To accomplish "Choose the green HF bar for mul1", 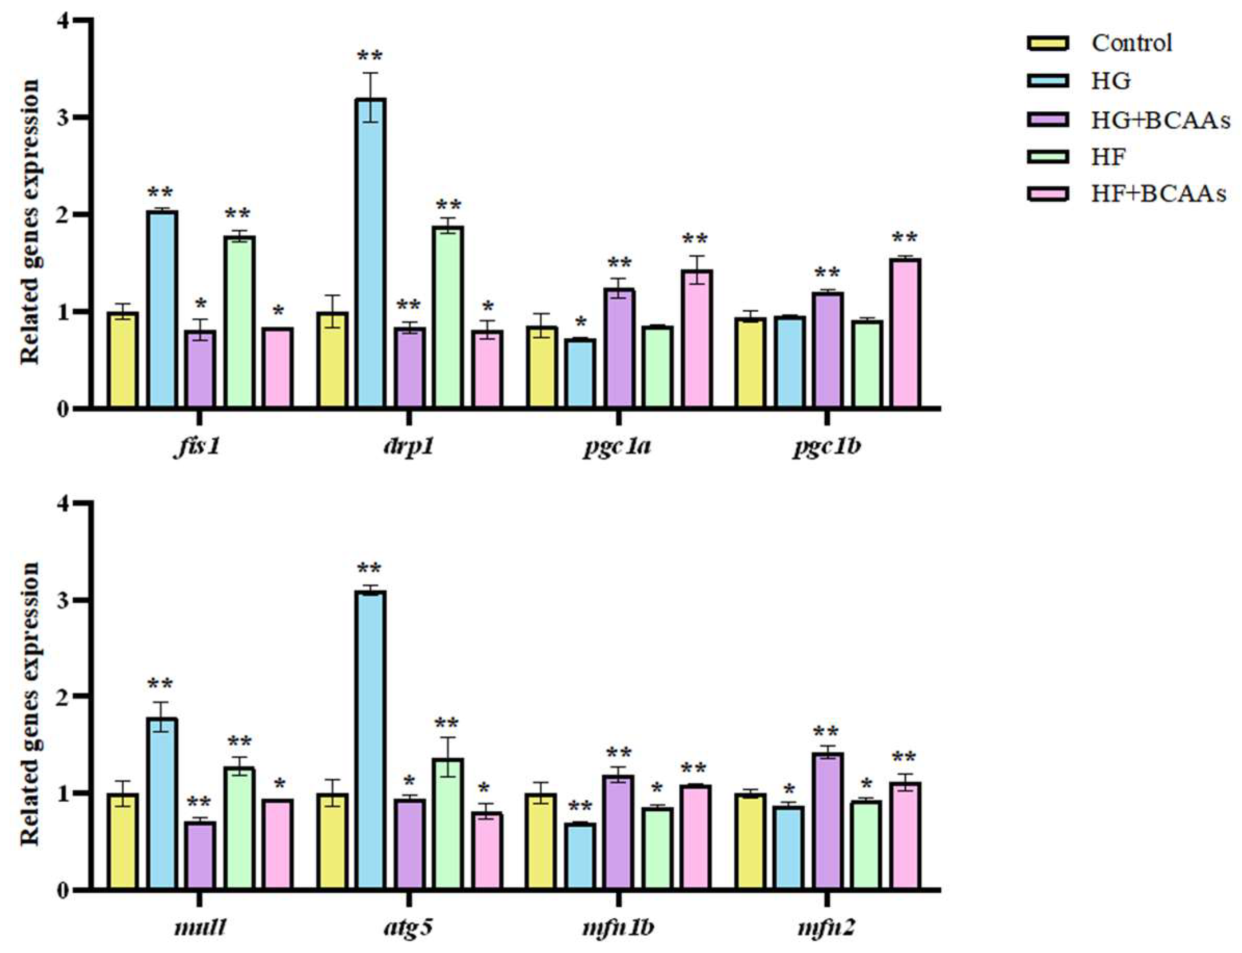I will click(x=239, y=828).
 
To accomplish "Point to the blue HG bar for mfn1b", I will click(x=579, y=855).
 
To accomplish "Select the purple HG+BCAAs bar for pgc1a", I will click(x=618, y=348).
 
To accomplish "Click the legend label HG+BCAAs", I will click(x=1160, y=120).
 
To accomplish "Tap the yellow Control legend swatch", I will click(x=1048, y=43).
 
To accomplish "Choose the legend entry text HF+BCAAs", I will click(x=1158, y=194).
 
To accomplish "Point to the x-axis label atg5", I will click(x=408, y=928).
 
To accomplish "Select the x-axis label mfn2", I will click(x=826, y=928).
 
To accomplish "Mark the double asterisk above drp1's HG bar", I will click(x=369, y=57).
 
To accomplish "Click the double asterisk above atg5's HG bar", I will click(x=369, y=568).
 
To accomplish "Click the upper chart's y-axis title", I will click(x=30, y=221).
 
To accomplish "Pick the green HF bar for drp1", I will click(x=447, y=316).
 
